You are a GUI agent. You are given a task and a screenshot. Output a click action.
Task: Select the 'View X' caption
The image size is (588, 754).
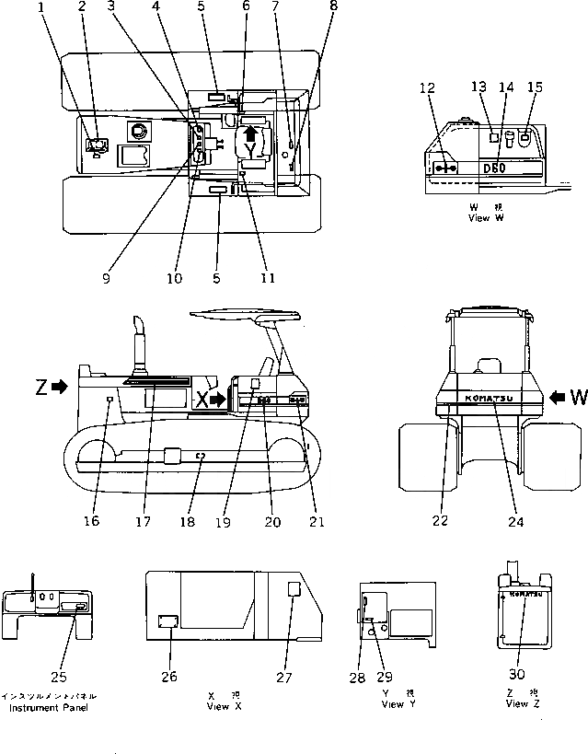pos(225,706)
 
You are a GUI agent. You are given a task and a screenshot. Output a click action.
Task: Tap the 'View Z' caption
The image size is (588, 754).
pos(516,704)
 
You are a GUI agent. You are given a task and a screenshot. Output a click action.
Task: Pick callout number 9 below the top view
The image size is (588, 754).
pos(106,276)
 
